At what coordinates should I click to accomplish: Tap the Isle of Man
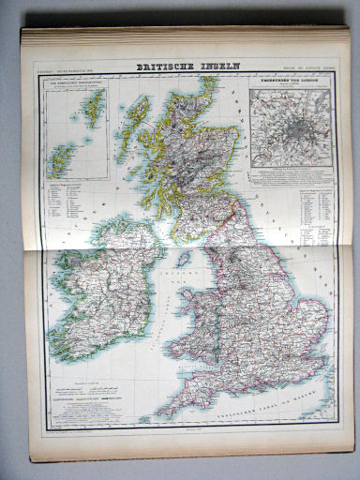185,259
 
